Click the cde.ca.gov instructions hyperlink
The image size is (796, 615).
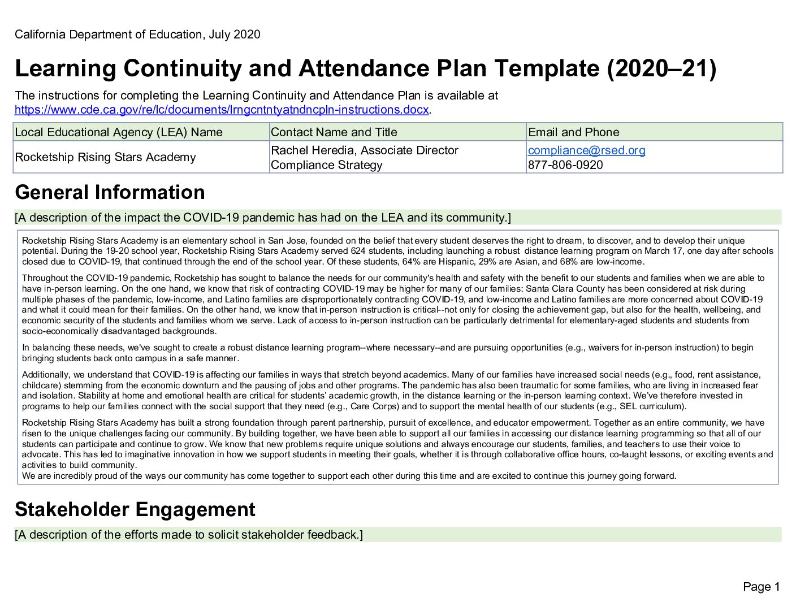coord(222,110)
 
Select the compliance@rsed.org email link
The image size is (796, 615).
coord(586,150)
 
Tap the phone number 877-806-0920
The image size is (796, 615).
coord(565,165)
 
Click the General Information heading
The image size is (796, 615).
coord(110,192)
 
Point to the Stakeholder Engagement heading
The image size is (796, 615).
coord(135,509)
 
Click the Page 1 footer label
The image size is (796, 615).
coord(761,587)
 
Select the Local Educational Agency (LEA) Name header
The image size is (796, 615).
coord(119,132)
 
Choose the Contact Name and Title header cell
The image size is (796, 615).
coord(334,132)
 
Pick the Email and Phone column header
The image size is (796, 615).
coord(573,132)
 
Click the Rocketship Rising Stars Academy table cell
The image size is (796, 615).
coord(105,157)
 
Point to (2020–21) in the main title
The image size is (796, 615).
coord(661,68)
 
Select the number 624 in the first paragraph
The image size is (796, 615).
coord(358,251)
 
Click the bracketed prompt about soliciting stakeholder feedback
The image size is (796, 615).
coord(189,535)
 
